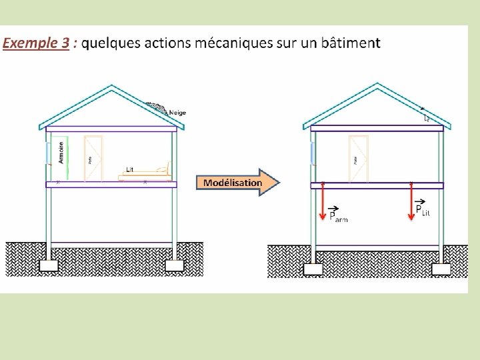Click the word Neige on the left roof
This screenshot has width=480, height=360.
click(x=177, y=112)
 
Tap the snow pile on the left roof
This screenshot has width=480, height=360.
click(x=157, y=107)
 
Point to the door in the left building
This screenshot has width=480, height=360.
click(x=93, y=158)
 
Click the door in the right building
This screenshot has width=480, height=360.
click(x=359, y=158)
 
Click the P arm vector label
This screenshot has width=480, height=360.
click(x=337, y=215)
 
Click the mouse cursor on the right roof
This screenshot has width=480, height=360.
click(x=427, y=118)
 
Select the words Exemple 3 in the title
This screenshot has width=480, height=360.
click(x=36, y=43)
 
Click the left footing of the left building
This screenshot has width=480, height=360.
click(x=48, y=265)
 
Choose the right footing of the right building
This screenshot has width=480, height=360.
click(x=441, y=268)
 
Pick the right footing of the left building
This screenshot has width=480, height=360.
click(x=174, y=265)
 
